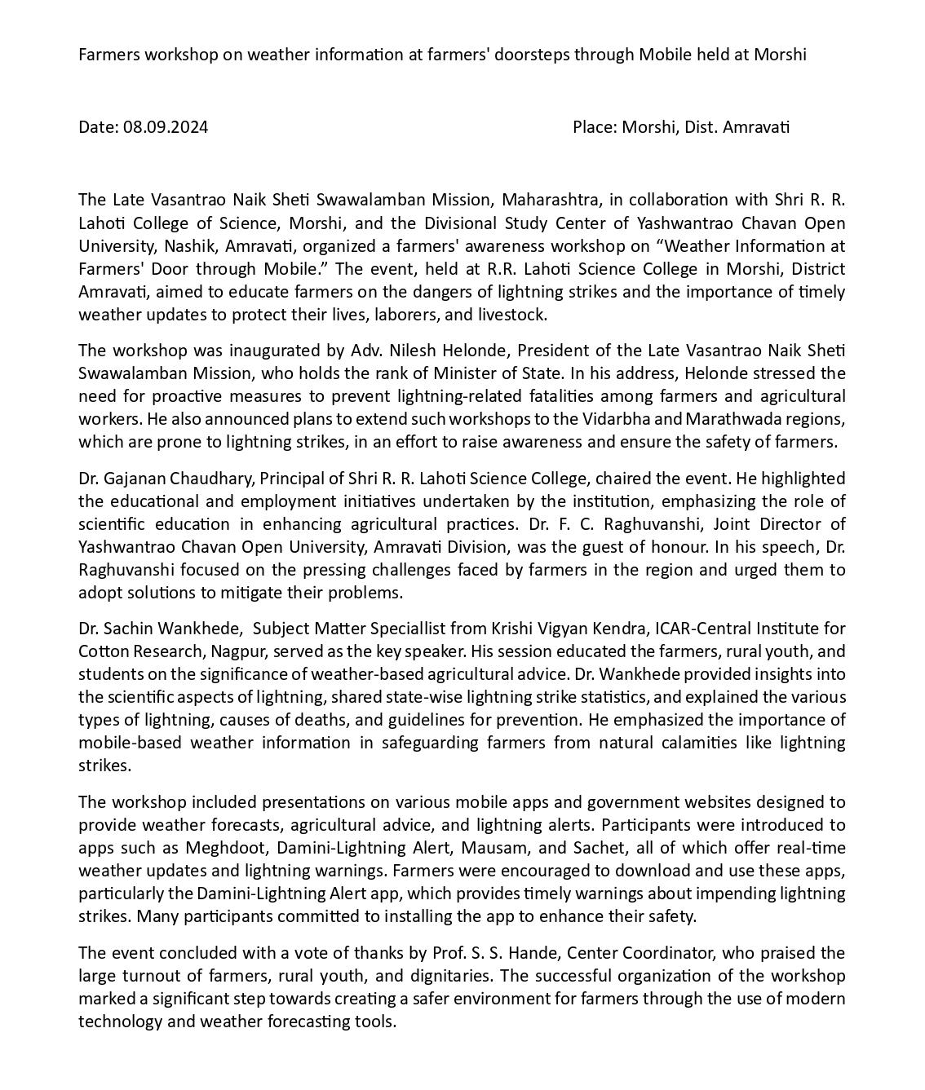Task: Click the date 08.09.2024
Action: (x=166, y=127)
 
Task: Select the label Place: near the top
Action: (x=595, y=127)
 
